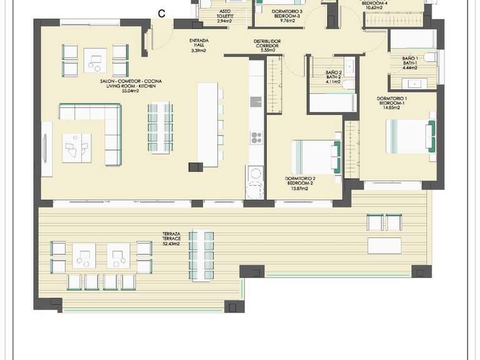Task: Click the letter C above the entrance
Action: tap(162, 13)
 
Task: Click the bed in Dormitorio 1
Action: tap(410, 136)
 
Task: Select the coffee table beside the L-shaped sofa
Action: tap(76, 148)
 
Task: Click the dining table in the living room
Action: tap(160, 128)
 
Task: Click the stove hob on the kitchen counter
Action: tap(256, 137)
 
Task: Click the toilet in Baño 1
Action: tap(430, 57)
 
